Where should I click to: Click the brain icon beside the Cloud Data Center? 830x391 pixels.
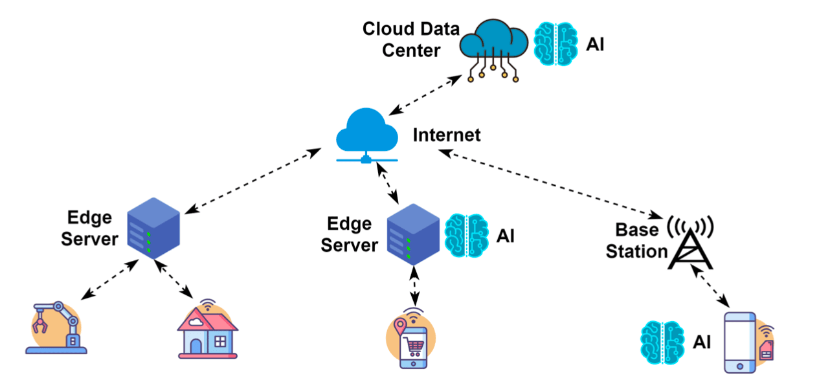click(555, 44)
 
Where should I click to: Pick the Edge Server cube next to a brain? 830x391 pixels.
click(412, 234)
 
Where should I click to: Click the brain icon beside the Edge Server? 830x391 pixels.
click(467, 236)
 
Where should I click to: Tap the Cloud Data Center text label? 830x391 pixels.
click(411, 39)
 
